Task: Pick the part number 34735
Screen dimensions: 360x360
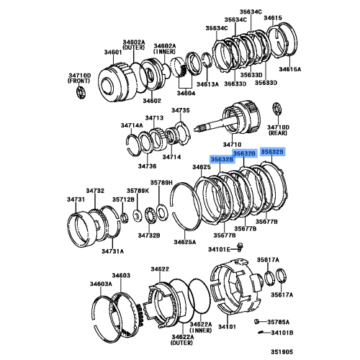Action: tap(180, 110)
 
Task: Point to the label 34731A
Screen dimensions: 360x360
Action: tap(112, 251)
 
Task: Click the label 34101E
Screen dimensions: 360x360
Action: tap(219, 250)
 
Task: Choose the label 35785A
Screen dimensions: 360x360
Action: tap(280, 322)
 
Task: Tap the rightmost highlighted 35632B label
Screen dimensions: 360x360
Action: tap(273, 152)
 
